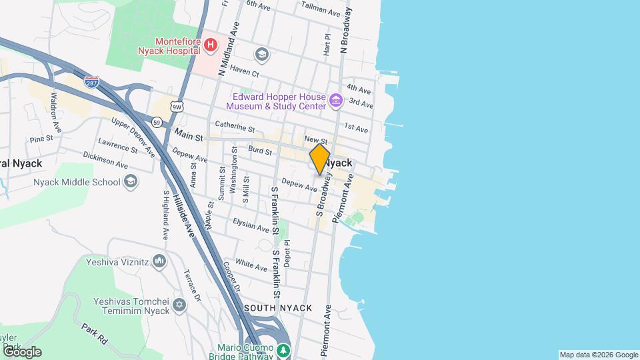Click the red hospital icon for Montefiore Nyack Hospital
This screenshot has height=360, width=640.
[211, 45]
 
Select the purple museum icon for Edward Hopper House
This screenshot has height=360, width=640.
[335, 101]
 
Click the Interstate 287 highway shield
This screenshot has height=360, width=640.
[92, 82]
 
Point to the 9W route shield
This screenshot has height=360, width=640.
[177, 106]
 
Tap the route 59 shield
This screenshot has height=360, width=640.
[157, 122]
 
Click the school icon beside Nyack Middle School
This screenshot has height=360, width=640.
[131, 182]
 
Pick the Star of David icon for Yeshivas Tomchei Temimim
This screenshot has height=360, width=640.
[178, 305]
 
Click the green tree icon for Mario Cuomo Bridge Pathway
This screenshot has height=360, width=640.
[284, 349]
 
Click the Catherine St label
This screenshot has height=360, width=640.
[235, 126]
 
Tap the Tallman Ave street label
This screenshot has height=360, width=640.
[321, 9]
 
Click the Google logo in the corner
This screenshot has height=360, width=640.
[21, 352]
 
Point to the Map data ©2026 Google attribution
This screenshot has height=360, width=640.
[598, 355]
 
